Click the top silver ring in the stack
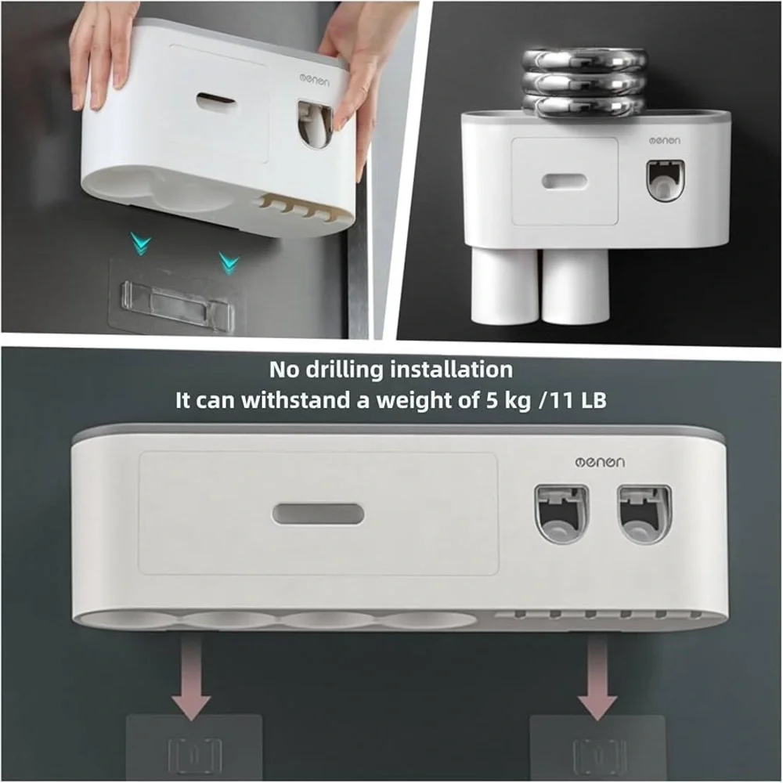[583, 62]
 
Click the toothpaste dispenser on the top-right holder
[662, 181]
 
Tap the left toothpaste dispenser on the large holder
[561, 514]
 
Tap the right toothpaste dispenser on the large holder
[644, 514]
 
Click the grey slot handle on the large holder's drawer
[319, 514]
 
